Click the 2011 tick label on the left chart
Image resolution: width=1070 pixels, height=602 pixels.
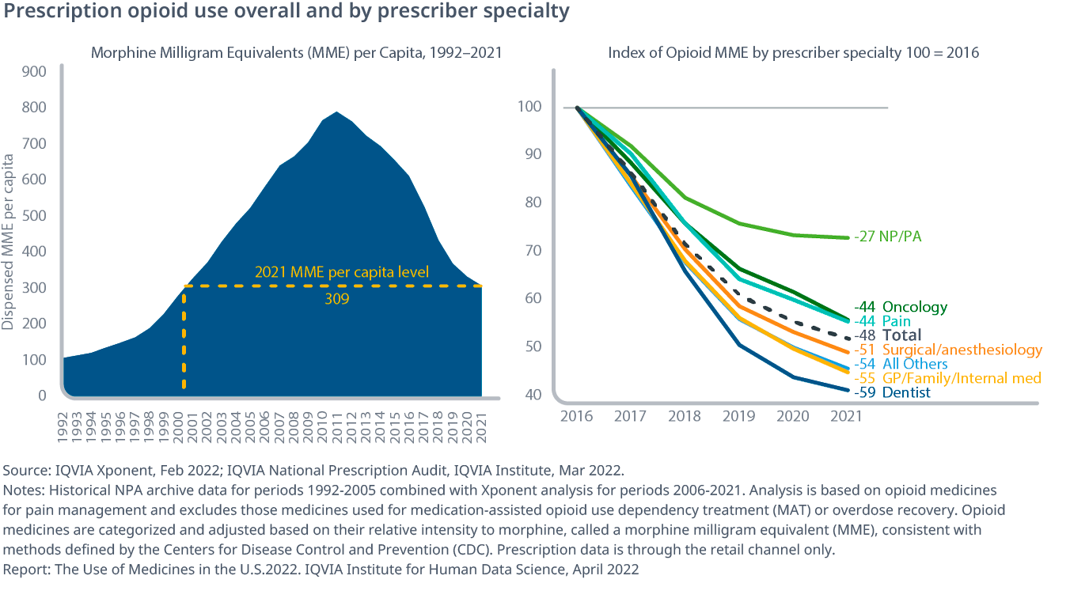click(339, 423)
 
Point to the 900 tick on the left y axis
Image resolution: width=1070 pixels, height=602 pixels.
click(35, 71)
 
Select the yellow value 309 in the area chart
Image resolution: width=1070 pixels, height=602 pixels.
click(336, 300)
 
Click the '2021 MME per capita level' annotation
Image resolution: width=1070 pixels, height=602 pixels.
click(342, 272)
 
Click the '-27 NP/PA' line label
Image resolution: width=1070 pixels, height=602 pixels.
click(888, 236)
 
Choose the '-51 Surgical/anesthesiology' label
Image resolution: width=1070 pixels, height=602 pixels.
click(948, 350)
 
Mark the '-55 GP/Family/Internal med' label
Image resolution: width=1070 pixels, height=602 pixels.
click(947, 378)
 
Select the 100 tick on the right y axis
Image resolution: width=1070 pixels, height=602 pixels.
click(530, 107)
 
